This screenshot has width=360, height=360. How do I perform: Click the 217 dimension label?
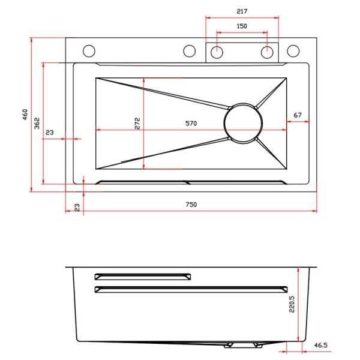pyautogui.click(x=242, y=11)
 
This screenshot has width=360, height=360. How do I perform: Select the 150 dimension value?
pyautogui.click(x=242, y=26)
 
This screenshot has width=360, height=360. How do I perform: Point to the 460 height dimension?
pyautogui.click(x=25, y=115)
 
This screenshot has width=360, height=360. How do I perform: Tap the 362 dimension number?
pyautogui.click(x=37, y=123)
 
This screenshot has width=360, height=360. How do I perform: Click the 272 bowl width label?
pyautogui.click(x=137, y=123)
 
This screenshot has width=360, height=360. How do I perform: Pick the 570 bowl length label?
pyautogui.click(x=191, y=124)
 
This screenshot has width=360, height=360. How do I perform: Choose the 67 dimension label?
pyautogui.click(x=298, y=115)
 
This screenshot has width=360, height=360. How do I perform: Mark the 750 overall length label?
pyautogui.click(x=191, y=205)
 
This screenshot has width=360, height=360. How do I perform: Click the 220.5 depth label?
pyautogui.click(x=292, y=304)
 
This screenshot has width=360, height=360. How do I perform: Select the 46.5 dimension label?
pyautogui.click(x=321, y=345)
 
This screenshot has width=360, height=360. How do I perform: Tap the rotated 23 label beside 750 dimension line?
pyautogui.click(x=77, y=208)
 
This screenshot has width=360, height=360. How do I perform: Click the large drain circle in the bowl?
pyautogui.click(x=243, y=123)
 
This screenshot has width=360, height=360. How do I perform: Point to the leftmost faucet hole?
pyautogui.click(x=89, y=51)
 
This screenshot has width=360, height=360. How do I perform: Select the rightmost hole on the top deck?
pyautogui.click(x=293, y=51)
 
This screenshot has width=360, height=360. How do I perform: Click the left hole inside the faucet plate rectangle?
pyautogui.click(x=217, y=52)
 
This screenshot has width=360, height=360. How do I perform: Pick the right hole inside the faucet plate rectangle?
pyautogui.click(x=267, y=52)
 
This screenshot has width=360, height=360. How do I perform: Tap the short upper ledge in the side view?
pyautogui.click(x=143, y=277)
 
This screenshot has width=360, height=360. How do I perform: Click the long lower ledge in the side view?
pyautogui.click(x=191, y=290)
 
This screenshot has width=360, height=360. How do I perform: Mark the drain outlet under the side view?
pyautogui.click(x=244, y=345)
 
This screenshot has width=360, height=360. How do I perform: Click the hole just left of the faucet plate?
pyautogui.click(x=190, y=51)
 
